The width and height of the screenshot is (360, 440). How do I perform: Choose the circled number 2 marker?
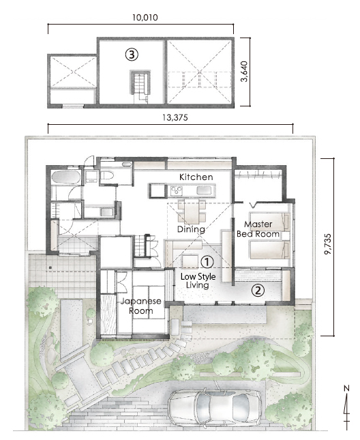(x=257, y=289)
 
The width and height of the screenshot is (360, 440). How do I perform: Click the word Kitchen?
(x=196, y=177)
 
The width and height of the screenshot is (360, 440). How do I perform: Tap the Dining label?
(x=191, y=230)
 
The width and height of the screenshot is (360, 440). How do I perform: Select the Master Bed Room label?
(x=258, y=229)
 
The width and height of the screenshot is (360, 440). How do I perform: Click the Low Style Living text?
(x=198, y=282)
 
